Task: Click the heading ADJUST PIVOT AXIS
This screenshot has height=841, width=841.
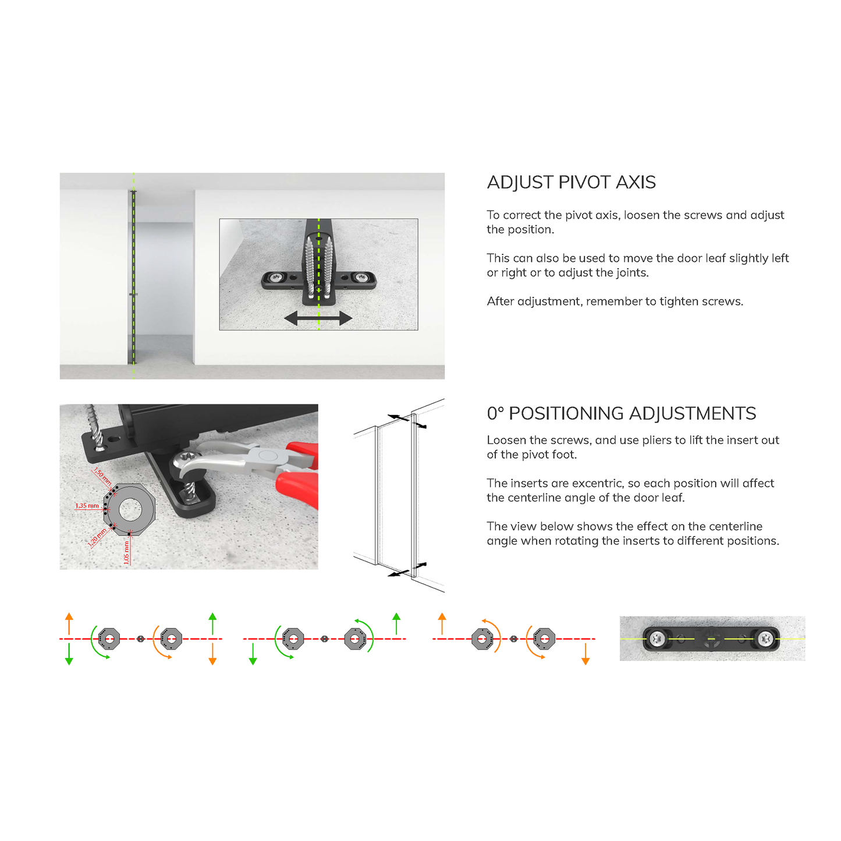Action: coord(571,182)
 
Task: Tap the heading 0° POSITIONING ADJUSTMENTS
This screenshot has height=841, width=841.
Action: coord(621,413)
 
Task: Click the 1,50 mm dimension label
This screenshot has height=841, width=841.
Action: coord(102,477)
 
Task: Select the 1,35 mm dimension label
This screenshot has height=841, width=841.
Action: coord(87,505)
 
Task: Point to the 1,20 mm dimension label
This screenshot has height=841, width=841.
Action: coord(97,537)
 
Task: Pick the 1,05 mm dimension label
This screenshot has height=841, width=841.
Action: coord(126,552)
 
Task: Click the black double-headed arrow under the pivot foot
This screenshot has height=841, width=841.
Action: coord(318,318)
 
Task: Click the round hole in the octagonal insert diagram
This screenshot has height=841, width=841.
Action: coord(130,509)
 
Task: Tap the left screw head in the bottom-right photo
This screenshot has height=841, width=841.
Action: coord(657,639)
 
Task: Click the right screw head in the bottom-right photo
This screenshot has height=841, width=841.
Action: coord(765,639)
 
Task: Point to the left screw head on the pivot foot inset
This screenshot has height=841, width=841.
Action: coord(276,277)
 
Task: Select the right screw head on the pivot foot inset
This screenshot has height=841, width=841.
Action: coord(361,277)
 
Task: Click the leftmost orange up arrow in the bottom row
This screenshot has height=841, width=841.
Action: coord(69,624)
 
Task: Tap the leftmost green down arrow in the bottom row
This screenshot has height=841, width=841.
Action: coord(69,654)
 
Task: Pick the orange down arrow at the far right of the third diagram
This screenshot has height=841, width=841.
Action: coord(585,654)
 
